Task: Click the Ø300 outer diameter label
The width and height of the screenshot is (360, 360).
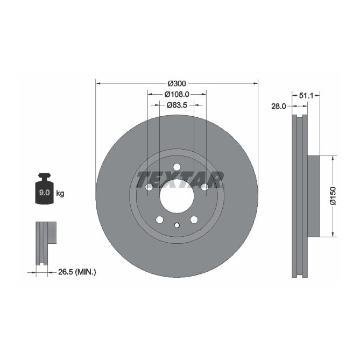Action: point(177,83)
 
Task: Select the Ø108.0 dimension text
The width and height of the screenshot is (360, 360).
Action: point(177,94)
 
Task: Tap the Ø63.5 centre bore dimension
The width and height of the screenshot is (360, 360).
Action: point(177,105)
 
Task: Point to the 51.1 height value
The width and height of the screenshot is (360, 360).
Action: point(306,95)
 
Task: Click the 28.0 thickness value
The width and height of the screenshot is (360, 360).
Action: point(278,107)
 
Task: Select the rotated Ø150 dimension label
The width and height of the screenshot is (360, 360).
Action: point(333,196)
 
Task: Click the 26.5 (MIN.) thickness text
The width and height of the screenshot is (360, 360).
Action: point(76,273)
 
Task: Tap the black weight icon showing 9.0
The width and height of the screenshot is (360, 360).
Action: point(44,189)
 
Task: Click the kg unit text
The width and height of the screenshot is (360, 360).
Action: point(60,193)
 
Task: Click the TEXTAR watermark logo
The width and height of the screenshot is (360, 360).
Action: point(180,180)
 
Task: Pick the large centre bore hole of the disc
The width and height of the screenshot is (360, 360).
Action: point(177,196)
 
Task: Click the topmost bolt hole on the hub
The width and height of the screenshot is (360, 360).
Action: point(177,167)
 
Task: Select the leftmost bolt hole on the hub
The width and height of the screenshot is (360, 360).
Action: point(149,187)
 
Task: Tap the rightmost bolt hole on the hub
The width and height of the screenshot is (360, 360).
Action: point(204,187)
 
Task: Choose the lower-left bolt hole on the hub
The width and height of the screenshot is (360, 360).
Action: point(159,220)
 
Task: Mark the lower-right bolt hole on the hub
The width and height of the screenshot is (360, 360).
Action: point(194,220)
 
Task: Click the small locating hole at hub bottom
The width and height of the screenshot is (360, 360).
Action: point(177,225)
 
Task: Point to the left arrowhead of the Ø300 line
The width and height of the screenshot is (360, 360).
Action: point(98,83)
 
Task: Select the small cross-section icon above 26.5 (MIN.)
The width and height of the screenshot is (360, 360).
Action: point(45,242)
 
